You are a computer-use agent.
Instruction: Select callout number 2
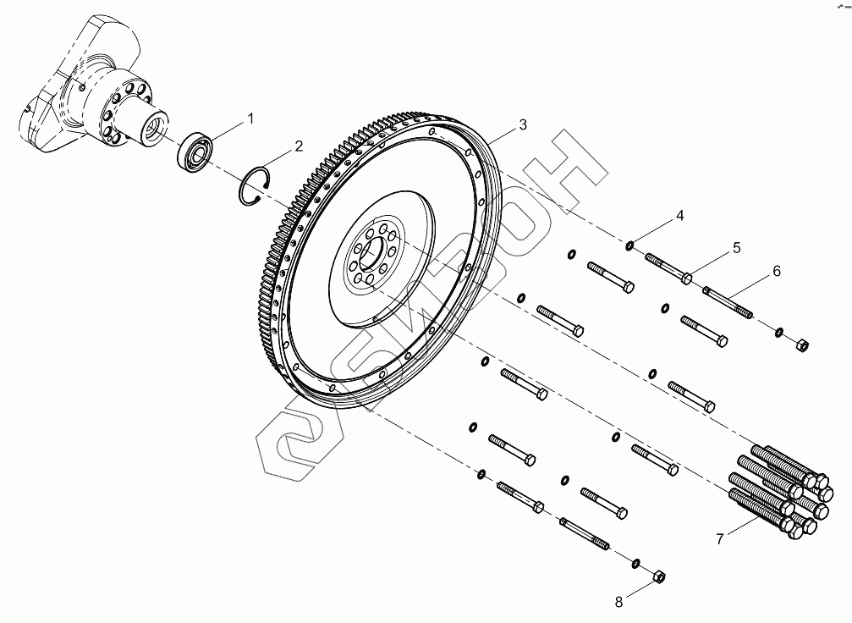tap(299, 146)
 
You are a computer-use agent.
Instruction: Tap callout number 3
tap(523, 124)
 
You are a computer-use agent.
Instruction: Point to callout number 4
tap(679, 218)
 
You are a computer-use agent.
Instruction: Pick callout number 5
tap(736, 248)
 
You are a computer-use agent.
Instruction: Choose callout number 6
tap(776, 272)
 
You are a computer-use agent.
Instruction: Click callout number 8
tap(618, 602)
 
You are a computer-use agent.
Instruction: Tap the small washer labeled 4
tap(630, 245)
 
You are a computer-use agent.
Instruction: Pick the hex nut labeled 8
tap(659, 578)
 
